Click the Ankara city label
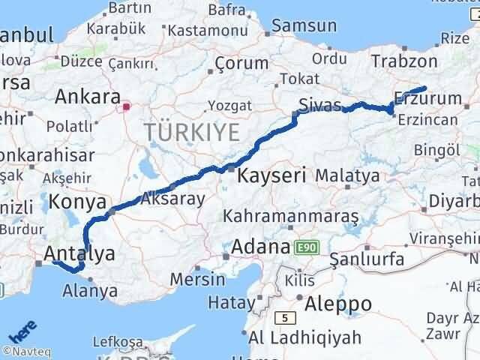point(88,97)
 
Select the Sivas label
point(319,104)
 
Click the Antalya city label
point(79,253)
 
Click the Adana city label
point(260,247)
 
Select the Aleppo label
point(339,304)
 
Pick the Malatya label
point(347,176)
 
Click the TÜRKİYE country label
point(193,133)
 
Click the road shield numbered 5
point(285,317)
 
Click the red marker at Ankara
point(127,106)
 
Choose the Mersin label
point(196,279)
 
